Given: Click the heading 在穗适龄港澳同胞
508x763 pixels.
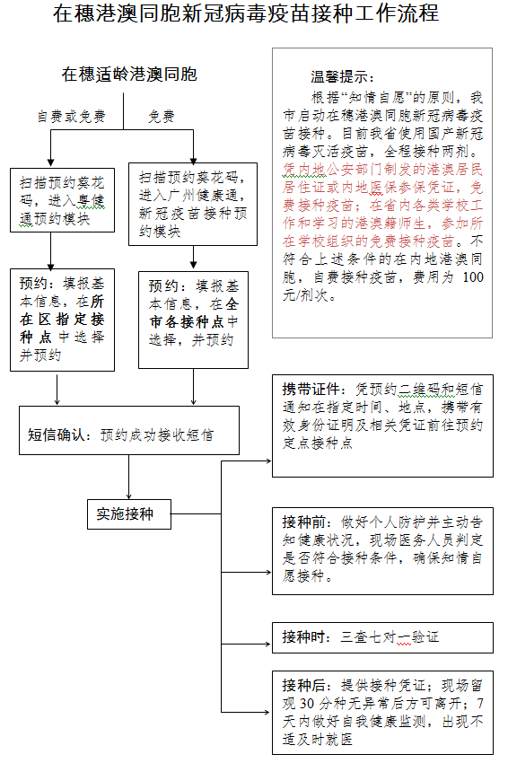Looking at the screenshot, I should (129, 75).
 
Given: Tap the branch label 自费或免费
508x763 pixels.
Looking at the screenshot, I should (71, 117).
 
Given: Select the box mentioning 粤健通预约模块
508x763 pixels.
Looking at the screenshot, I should (62, 200).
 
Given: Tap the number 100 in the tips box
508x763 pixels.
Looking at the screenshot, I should (470, 276).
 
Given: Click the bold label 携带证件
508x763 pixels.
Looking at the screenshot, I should (310, 390).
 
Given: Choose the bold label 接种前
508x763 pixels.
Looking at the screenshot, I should (302, 522).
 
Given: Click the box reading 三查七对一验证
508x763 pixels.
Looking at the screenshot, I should (382, 637).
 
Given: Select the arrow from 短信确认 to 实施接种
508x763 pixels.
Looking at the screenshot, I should (129, 477).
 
